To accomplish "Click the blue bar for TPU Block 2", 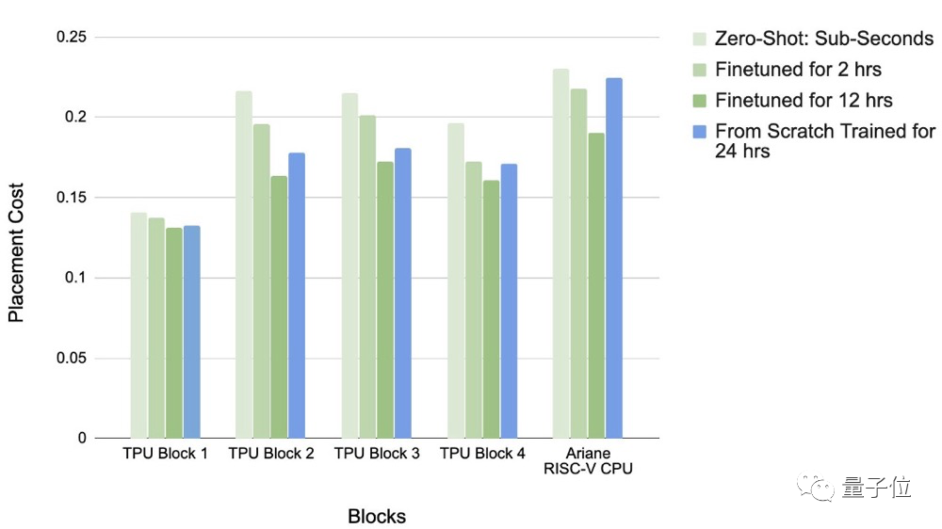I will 297,296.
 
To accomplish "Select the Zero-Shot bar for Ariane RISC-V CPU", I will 561,253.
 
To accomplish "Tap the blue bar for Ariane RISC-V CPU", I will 614,258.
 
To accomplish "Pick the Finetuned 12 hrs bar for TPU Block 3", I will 385,300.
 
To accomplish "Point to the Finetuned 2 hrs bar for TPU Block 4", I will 473,300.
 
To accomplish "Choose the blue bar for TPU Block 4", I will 509,301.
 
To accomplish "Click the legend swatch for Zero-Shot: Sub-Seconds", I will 699,40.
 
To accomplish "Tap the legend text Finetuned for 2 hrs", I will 798,70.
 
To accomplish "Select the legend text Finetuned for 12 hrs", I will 804,100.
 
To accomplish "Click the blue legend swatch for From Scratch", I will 699,131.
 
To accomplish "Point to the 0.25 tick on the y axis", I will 72,37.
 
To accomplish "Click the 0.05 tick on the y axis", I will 72,358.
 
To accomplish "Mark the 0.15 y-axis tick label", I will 72,198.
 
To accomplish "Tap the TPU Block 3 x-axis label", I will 377,454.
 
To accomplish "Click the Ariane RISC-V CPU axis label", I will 589,461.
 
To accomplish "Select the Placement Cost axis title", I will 16,251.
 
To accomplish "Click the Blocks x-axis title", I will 377,516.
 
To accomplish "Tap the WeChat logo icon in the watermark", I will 815,488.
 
